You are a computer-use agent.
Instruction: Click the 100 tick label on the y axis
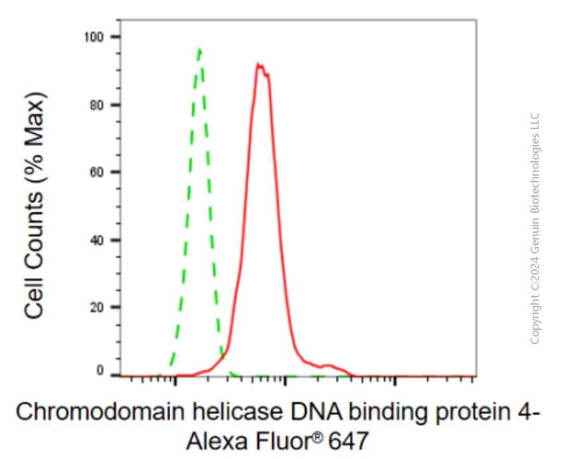click(94, 37)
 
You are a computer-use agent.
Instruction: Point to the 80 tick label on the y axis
click(97, 105)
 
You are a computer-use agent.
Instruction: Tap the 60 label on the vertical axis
click(97, 172)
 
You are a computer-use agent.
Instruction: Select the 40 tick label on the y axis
click(97, 240)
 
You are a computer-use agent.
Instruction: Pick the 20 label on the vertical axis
click(97, 307)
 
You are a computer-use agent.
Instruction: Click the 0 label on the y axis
click(100, 371)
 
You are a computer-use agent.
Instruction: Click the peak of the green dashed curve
click(200, 49)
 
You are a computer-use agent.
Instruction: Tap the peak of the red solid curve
click(258, 64)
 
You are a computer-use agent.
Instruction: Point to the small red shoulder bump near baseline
click(328, 366)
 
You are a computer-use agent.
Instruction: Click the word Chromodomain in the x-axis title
click(100, 412)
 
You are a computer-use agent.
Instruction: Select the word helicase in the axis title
click(237, 412)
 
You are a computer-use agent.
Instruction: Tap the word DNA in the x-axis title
click(316, 412)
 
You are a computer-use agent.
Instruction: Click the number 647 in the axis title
click(349, 440)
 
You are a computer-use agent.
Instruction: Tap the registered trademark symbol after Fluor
click(318, 436)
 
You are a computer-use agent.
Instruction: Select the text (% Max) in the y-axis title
click(35, 139)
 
